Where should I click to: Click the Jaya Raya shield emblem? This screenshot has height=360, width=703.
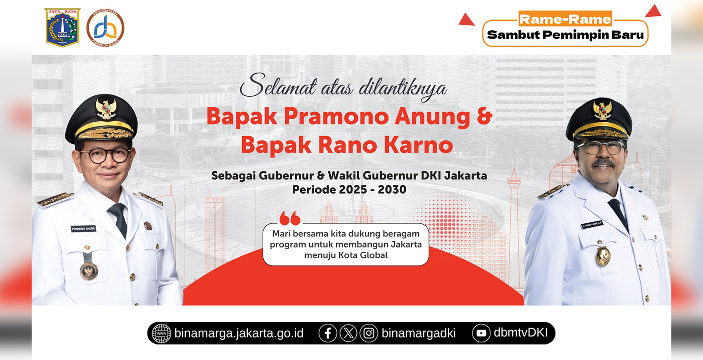click(x=62, y=27)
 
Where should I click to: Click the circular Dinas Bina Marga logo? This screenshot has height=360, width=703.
click(x=105, y=28)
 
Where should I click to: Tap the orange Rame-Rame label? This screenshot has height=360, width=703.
click(x=565, y=19)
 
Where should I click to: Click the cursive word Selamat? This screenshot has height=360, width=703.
click(x=278, y=86)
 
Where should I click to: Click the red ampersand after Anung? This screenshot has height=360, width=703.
click(x=484, y=116)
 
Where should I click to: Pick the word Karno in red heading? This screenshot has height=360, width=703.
click(x=418, y=145)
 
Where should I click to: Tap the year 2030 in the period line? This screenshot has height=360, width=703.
click(x=392, y=189)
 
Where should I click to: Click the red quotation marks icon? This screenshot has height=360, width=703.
click(x=290, y=218)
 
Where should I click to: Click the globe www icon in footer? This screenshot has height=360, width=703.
click(x=161, y=333)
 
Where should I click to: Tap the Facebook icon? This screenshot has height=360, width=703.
click(x=328, y=333)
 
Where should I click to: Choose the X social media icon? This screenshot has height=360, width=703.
click(x=348, y=333)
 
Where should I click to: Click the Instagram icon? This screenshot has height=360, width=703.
click(x=369, y=333)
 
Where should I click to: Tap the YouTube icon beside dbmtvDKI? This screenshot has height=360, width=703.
click(x=481, y=333)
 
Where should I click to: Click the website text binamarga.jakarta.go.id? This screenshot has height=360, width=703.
click(x=239, y=333)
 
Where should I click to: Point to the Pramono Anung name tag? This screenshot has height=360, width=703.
click(x=83, y=229)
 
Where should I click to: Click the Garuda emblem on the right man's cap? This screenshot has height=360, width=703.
click(x=602, y=110)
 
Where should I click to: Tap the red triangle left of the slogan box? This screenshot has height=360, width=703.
click(x=466, y=20)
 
